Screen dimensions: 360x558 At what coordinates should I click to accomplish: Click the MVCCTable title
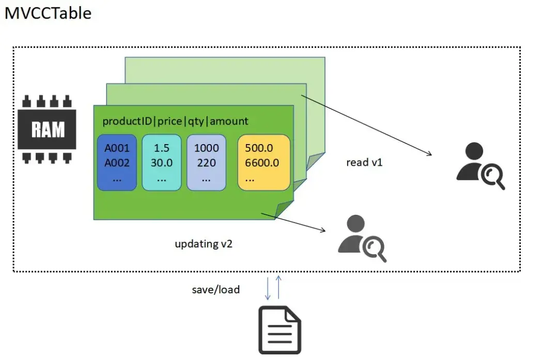coord(48,13)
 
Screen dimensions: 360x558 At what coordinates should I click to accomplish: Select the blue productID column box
coord(117,162)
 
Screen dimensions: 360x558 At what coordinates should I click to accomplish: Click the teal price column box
coord(161,162)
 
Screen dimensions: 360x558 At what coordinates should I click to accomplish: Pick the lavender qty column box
coord(206,162)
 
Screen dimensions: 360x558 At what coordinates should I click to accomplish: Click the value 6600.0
coord(261,163)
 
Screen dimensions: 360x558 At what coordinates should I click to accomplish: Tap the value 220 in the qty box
coord(206,163)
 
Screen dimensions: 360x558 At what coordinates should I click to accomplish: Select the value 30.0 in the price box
coord(161,163)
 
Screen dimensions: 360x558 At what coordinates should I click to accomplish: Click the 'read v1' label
coord(364,162)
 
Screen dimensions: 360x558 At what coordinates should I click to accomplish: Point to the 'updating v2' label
coord(204,244)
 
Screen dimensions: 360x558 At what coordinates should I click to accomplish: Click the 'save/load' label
coord(215,289)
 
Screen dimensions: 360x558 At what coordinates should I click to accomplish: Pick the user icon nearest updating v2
coord(361,239)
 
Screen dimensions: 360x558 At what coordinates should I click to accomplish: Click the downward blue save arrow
coord(268,288)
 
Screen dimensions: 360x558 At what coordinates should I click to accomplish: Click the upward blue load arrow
coord(278,287)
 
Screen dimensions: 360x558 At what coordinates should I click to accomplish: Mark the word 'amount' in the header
coord(229,121)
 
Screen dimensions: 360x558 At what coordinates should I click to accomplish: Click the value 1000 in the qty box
coord(206,148)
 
